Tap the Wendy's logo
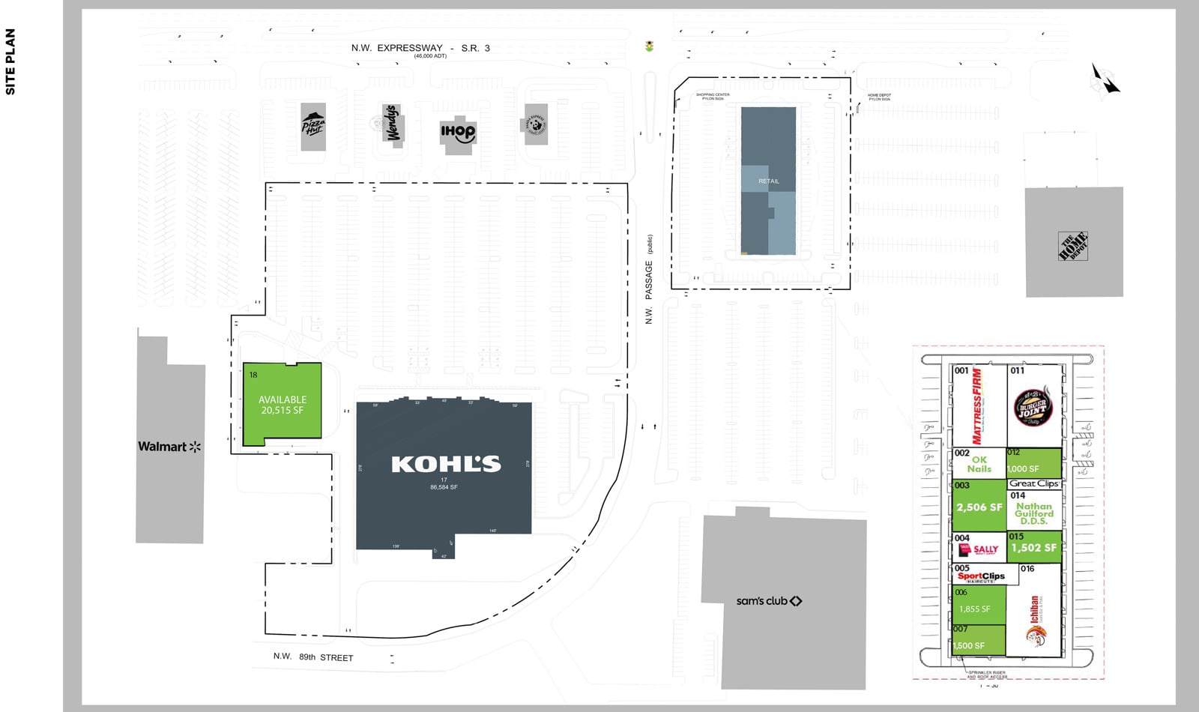tap(391, 124)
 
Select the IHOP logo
tap(457, 133)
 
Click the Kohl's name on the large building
tap(446, 464)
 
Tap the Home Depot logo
tap(1073, 246)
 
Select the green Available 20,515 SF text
tap(283, 405)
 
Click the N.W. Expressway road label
tap(420, 48)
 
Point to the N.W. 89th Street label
tap(313, 657)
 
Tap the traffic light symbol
tap(649, 46)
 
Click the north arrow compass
tap(1105, 79)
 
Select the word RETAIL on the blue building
tap(768, 181)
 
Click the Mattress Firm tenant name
tap(977, 405)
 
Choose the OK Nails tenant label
tap(979, 465)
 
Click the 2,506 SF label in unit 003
tap(979, 507)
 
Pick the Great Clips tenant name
tap(1033, 483)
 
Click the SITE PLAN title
tap(10, 61)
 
